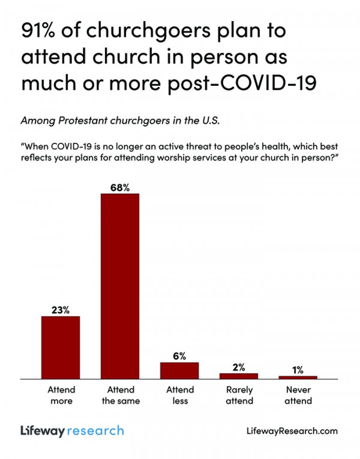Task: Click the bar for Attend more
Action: coord(60,347)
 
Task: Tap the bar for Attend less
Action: coord(179,371)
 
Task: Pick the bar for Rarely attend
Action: coord(238,376)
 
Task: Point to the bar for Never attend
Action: coord(298,377)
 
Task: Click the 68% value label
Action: coord(119,187)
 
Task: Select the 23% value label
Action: coord(60,310)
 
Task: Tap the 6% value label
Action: coord(179,356)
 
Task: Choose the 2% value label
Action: coord(238,367)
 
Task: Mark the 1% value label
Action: coord(298,370)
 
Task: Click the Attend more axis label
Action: coord(60,395)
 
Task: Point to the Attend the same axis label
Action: coord(119,395)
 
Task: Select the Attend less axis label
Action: coord(179,395)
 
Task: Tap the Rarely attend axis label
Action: coord(238,395)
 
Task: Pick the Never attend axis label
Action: coord(298,395)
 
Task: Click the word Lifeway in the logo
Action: coord(43,431)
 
